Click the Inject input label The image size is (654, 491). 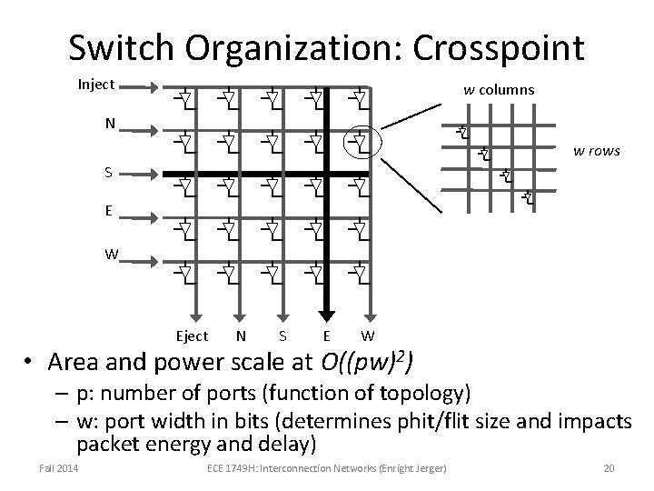tap(95, 85)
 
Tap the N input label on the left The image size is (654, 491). tap(109, 125)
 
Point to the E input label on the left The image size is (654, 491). tap(109, 211)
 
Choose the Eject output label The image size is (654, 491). tap(192, 336)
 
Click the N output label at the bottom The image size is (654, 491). tap(240, 336)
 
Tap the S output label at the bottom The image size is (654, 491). tap(283, 336)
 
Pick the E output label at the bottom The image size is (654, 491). tap(327, 336)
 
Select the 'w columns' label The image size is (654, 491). tap(499, 89)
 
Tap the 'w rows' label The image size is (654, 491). tap(596, 150)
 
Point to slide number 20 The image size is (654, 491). tap(609, 467)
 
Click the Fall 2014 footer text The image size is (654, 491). tap(58, 467)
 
